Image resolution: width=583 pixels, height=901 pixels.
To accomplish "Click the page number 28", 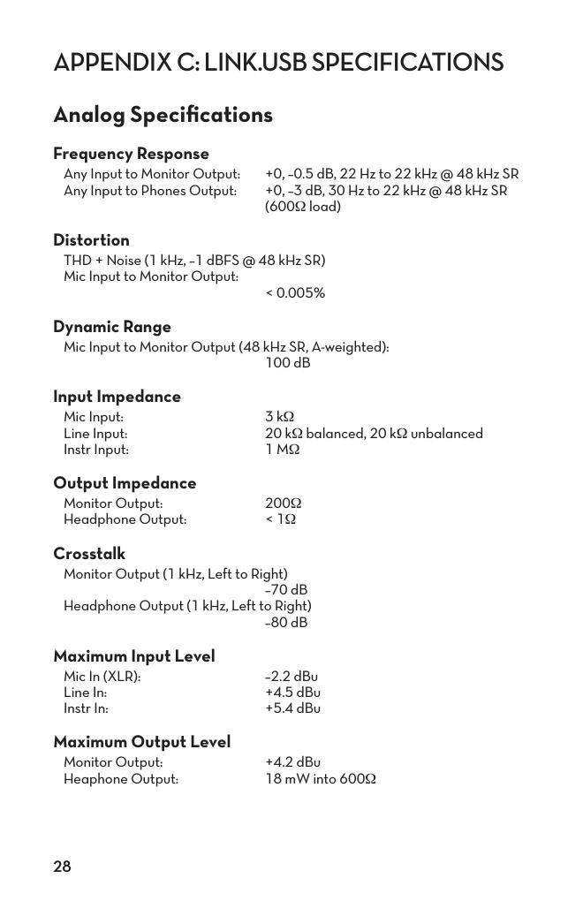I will click(62, 867).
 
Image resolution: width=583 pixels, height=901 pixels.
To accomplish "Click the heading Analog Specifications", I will click(163, 115).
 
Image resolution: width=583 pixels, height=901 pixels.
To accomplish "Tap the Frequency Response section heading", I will click(131, 154).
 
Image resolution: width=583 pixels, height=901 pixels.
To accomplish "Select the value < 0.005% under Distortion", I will click(295, 293).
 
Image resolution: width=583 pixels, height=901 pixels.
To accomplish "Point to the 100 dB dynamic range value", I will click(288, 363).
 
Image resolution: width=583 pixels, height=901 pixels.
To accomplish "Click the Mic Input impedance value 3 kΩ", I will click(279, 417).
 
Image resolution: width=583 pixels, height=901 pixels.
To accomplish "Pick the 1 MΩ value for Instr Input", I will click(283, 450).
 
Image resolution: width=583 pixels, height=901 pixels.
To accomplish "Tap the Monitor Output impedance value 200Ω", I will click(284, 503).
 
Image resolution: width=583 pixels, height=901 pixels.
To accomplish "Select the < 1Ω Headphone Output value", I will click(281, 519).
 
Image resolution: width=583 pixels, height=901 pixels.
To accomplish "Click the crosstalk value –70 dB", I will click(286, 590).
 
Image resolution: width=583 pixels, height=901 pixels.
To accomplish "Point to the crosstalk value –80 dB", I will click(286, 623).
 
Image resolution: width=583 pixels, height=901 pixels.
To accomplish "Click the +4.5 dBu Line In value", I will click(292, 693).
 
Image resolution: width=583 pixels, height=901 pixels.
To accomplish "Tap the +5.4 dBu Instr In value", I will click(292, 708).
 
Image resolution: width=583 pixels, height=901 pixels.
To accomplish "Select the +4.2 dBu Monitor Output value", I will click(292, 762).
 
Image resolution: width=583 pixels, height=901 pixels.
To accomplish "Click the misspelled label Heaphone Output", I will click(121, 779).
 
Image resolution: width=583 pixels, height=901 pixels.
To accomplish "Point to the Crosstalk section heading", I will click(89, 554).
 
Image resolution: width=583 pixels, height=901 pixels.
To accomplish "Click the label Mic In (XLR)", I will click(102, 677).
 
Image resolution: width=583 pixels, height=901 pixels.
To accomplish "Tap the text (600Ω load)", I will click(303, 207).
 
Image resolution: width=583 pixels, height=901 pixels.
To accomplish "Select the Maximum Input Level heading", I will click(134, 656).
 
